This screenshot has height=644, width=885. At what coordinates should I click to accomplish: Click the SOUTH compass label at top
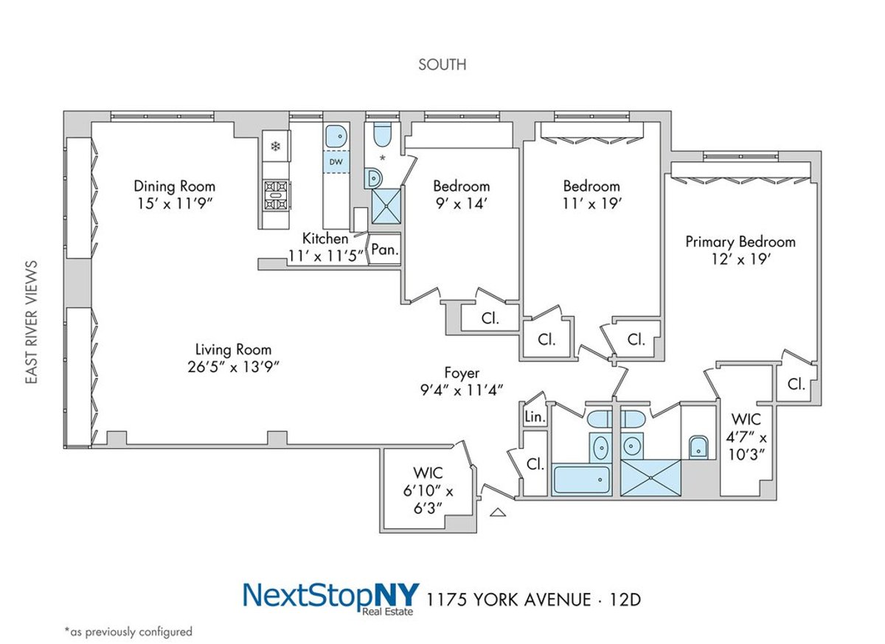click(x=442, y=65)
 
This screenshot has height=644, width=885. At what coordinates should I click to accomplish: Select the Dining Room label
click(x=174, y=186)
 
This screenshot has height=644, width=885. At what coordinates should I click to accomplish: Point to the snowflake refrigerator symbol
click(x=276, y=147)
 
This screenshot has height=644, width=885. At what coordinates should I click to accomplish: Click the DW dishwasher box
click(x=336, y=161)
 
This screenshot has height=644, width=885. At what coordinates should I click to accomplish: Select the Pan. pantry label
click(x=384, y=250)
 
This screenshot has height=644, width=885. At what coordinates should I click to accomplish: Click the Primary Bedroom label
click(x=740, y=242)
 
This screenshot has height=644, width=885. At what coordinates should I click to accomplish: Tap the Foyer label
click(x=462, y=373)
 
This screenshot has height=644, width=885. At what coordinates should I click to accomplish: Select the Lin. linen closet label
click(x=535, y=418)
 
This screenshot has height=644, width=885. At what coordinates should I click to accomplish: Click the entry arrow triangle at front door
click(x=499, y=512)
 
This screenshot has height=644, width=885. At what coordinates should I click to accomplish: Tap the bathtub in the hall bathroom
click(x=581, y=480)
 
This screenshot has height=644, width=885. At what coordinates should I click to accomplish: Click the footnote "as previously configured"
click(x=128, y=631)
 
